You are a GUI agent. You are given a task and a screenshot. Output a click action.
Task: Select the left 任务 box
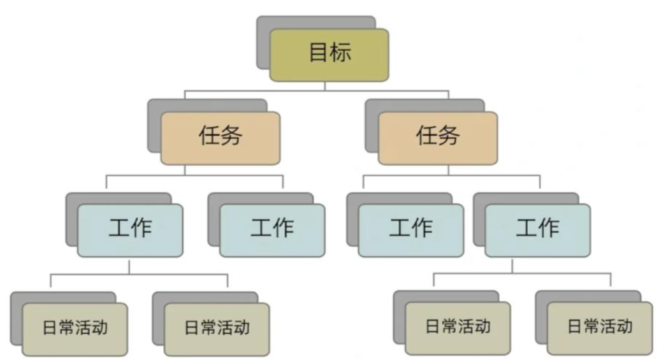click(x=220, y=138)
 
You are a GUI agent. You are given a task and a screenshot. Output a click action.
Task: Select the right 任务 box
click(x=437, y=138)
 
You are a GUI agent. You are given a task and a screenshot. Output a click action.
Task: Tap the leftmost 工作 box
click(x=130, y=230)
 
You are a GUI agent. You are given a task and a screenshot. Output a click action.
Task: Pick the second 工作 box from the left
click(x=272, y=230)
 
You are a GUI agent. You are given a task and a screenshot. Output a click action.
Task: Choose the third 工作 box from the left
click(x=410, y=230)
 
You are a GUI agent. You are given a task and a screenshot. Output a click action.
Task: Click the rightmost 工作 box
click(x=537, y=230)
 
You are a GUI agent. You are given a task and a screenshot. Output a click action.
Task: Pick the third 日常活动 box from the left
click(x=458, y=328)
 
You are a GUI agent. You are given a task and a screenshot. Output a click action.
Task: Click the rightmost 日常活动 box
click(x=600, y=328)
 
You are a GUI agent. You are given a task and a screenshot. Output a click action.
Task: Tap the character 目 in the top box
click(x=318, y=53)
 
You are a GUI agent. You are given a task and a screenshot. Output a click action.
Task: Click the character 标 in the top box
click(x=340, y=53)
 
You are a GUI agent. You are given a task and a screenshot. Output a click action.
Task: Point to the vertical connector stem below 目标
click(x=325, y=86)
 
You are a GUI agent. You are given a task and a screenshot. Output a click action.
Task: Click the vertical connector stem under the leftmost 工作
click(x=129, y=266)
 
